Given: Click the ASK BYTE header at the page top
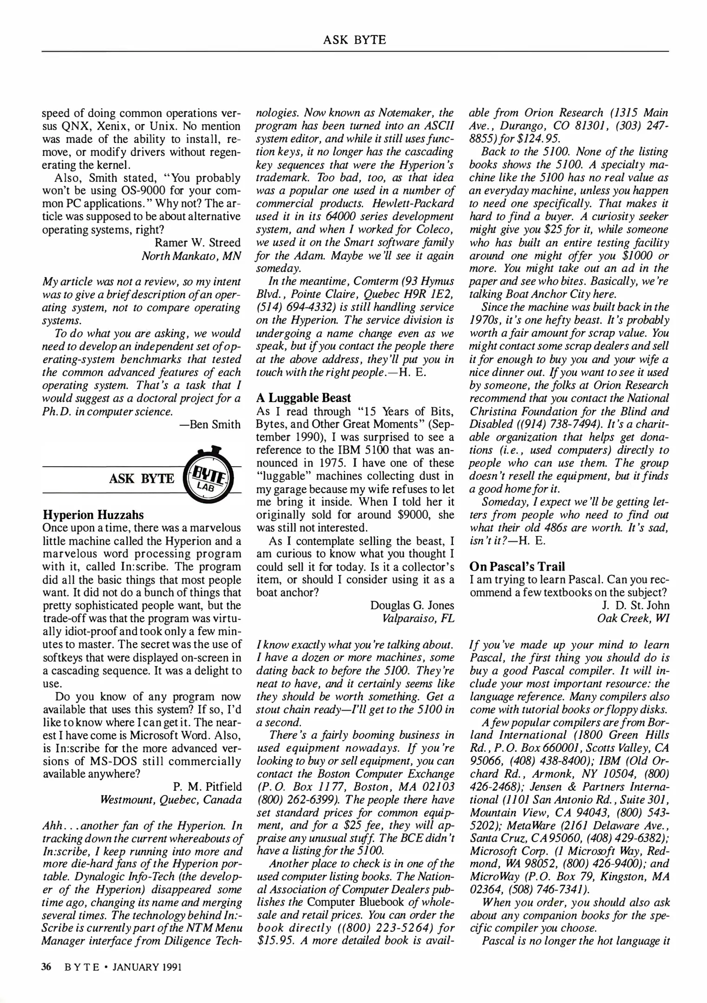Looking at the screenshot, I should pos(354,40).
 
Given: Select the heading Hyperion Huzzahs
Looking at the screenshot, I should pos(93,515).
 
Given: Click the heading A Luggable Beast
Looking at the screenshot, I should pos(303,398).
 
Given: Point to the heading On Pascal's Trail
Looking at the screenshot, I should pos(517,567).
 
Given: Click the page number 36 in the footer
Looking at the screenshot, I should pos(46,967).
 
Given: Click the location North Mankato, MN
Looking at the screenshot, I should pos(191,256).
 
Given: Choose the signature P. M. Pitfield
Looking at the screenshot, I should pos(207,787).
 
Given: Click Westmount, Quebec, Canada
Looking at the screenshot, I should pos(171,800).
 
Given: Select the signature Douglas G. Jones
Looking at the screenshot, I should pos(412,606).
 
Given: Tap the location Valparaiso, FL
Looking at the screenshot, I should pos(418,619).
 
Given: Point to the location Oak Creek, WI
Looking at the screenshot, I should pos(633,619).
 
